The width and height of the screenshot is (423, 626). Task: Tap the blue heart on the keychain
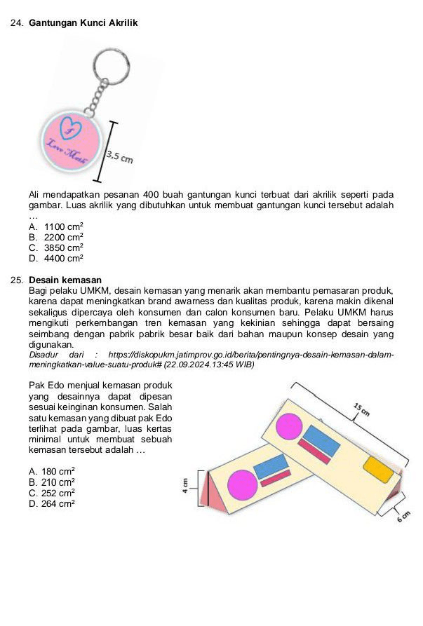click(x=71, y=128)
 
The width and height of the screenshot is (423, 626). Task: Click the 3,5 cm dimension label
click(x=119, y=158)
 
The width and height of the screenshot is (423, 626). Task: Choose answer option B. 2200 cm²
click(x=57, y=238)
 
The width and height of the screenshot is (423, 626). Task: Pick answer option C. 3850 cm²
click(x=57, y=248)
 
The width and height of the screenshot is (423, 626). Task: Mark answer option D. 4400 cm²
click(x=57, y=259)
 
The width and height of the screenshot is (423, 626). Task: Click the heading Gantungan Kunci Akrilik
click(x=83, y=23)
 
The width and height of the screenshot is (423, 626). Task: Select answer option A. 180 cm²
click(x=53, y=471)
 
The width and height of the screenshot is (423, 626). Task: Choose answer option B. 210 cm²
click(x=53, y=482)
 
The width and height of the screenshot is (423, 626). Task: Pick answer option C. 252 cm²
click(x=53, y=492)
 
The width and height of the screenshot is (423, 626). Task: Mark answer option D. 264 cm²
click(x=53, y=503)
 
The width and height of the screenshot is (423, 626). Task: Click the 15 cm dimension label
click(x=361, y=411)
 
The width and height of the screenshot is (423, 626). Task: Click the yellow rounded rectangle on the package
click(x=379, y=470)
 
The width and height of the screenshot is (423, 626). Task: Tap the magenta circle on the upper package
click(x=289, y=427)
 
